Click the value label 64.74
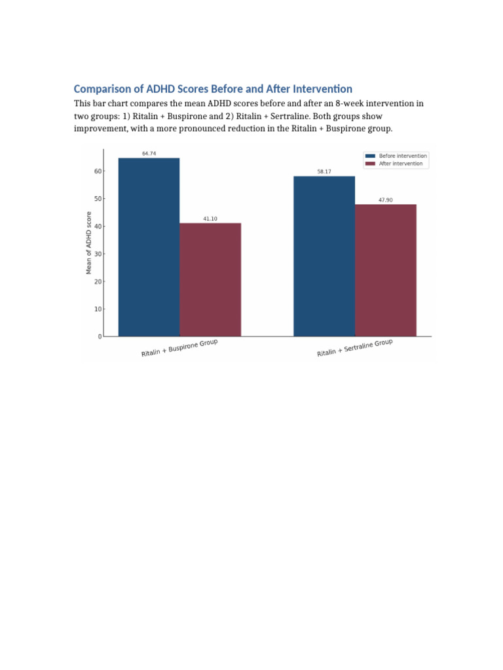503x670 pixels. [x=149, y=153]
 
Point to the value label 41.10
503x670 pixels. [x=210, y=219]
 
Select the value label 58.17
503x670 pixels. [x=324, y=171]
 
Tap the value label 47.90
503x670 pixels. [x=386, y=200]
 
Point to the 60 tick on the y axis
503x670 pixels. [x=98, y=171]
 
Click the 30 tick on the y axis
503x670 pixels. [x=98, y=254]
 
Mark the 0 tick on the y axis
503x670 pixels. [x=100, y=336]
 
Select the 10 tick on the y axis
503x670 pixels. [x=98, y=309]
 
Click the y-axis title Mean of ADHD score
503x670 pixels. [x=89, y=242]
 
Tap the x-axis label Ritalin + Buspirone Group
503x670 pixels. [x=179, y=349]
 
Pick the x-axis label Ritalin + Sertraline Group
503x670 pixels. [x=354, y=349]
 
